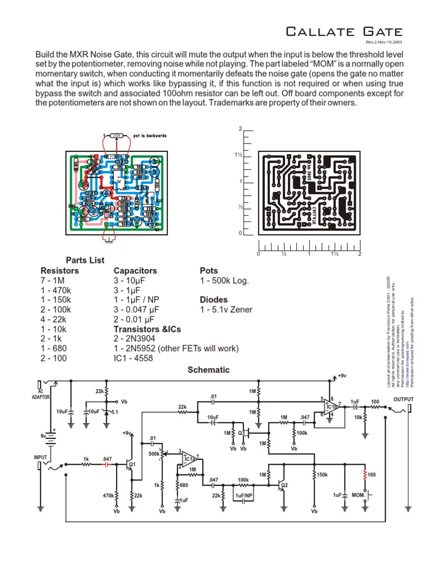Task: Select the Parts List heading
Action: [x=85, y=260]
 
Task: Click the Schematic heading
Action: [x=208, y=370]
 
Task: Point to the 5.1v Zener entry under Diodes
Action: [x=226, y=309]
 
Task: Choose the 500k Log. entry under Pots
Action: [x=224, y=280]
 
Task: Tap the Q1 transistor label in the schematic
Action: [x=132, y=464]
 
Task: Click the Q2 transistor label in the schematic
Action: [x=285, y=485]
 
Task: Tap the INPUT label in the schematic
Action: [x=41, y=457]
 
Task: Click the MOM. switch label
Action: [x=359, y=496]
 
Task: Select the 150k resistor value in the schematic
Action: [x=322, y=475]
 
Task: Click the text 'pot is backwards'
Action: [x=150, y=136]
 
